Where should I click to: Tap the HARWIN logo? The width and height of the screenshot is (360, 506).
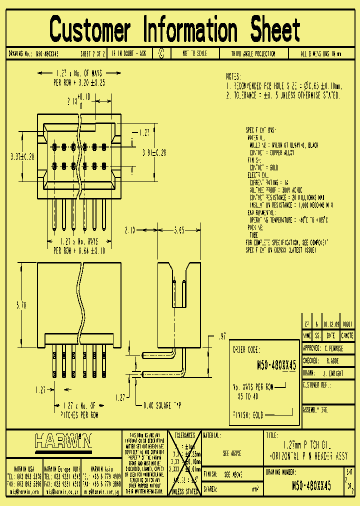click(63, 441)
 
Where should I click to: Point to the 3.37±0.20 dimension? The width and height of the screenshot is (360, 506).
click(21, 156)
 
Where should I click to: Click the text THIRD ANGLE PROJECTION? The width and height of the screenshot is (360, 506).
click(253, 53)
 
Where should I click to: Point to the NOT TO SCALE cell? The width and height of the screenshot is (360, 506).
click(194, 53)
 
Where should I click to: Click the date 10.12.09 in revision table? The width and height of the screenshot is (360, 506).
click(331, 323)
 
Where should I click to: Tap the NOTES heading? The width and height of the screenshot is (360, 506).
click(233, 77)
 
